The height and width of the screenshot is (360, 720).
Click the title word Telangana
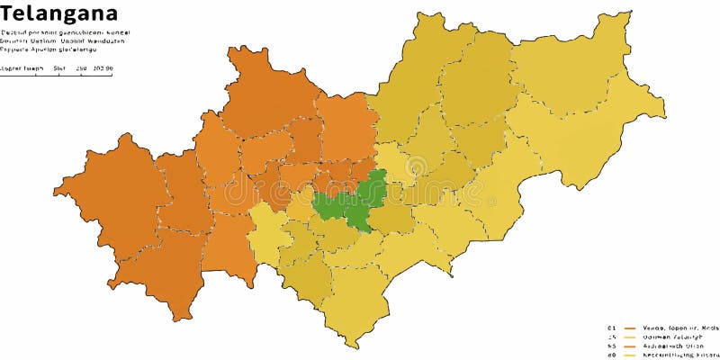(59, 13)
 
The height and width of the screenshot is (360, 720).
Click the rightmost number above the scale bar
(103, 68)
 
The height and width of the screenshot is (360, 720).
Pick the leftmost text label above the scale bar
(19, 68)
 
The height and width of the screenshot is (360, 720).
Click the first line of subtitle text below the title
(65, 32)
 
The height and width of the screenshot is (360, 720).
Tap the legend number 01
(611, 328)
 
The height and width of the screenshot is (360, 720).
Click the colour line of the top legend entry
(630, 328)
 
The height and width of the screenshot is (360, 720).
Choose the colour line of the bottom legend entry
(630, 355)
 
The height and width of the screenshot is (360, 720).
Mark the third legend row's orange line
(630, 346)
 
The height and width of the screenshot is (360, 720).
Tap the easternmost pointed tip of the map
(665, 114)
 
